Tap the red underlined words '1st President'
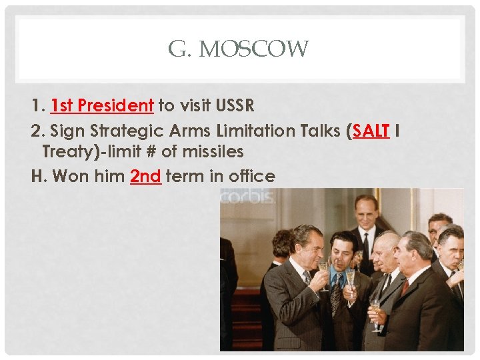tap(102, 105)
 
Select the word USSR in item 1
tap(237, 105)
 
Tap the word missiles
tap(213, 152)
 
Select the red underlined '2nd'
tap(146, 177)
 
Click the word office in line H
tap(251, 177)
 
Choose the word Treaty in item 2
tap(66, 152)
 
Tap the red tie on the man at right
tap(404, 287)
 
